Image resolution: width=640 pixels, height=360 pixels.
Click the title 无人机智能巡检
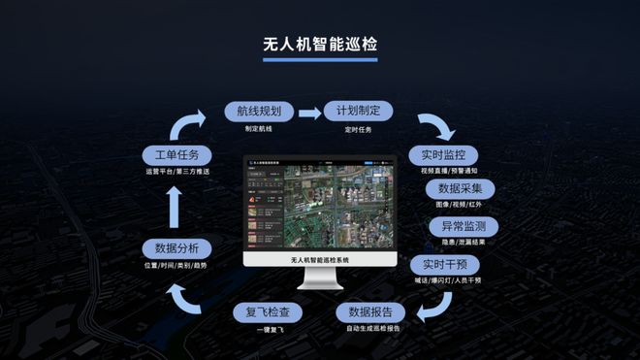pos(319,46)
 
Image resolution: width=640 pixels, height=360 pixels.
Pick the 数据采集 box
pos(466,188)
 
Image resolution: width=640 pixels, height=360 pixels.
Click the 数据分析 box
pos(175,247)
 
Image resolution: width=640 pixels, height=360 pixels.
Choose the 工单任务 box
pos(175,155)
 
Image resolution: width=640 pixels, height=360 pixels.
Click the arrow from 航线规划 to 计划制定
pos(307,113)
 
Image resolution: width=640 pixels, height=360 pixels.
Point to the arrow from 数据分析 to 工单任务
pos(175,201)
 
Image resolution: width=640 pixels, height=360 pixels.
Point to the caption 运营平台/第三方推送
pos(175,172)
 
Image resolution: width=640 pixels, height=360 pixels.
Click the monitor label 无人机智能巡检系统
pos(319,261)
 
